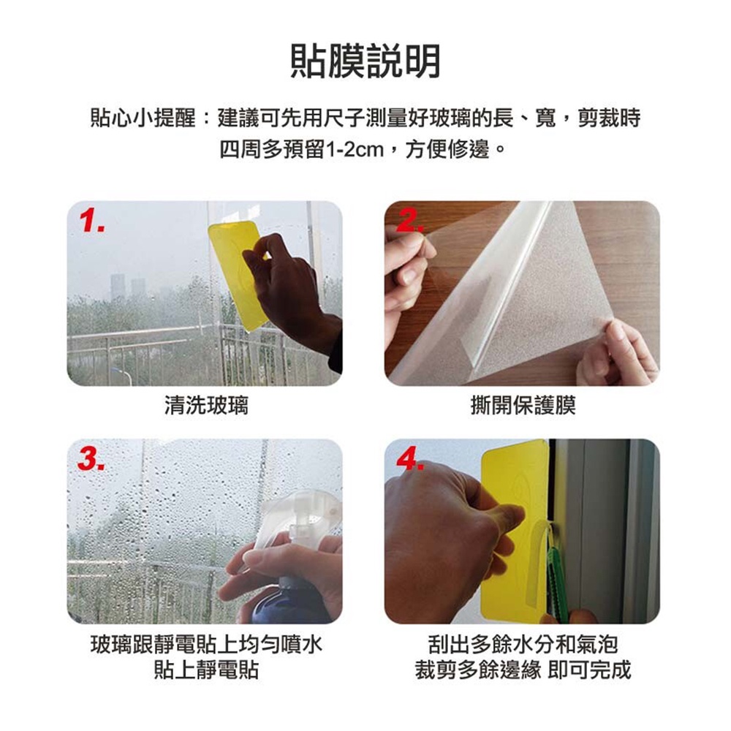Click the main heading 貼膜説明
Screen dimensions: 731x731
coord(365,61)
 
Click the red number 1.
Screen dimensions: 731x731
coord(92,221)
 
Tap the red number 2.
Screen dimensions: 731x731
coord(410,221)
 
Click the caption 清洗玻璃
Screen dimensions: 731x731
coord(206,405)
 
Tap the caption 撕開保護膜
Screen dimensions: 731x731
coord(523,405)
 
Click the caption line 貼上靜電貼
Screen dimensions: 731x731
coord(206,670)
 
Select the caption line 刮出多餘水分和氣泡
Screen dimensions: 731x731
coord(523,645)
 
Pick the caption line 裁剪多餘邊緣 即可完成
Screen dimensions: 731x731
coord(523,670)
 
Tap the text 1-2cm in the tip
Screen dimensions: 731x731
coord(354,150)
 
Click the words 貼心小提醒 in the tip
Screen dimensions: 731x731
coord(143,118)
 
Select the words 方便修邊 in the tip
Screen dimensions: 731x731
coord(447,150)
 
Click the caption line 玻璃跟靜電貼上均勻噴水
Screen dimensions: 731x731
coord(206,645)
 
